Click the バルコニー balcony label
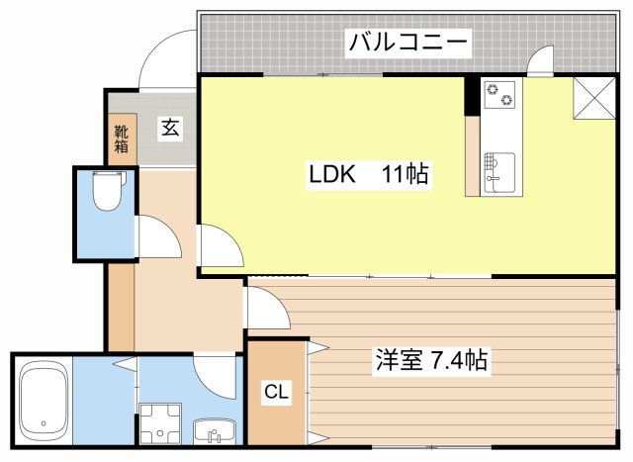[407, 43]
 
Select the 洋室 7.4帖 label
[429, 360]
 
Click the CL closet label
[276, 392]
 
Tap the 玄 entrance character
[170, 127]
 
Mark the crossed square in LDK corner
[596, 97]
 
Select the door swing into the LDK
[221, 244]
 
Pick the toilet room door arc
[156, 237]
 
